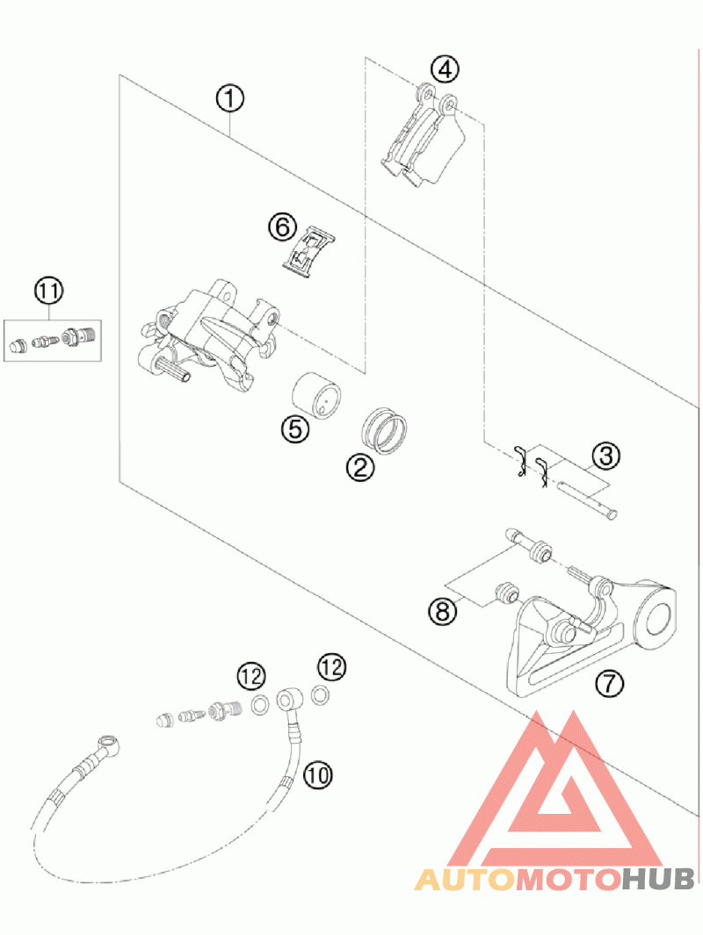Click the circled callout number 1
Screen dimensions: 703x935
pos(230,98)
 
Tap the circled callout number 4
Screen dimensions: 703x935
pos(445,68)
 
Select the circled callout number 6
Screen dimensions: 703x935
pos(282,227)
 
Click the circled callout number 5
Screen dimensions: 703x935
pos(294,428)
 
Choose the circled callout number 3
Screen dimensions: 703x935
pos(605,455)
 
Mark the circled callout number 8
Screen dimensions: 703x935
pos(444,609)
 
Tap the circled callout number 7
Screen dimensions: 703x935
pos(606,681)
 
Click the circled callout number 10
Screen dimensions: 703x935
pos(318,773)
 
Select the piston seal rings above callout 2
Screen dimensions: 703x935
pos(385,428)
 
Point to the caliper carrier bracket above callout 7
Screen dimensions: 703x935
pos(580,632)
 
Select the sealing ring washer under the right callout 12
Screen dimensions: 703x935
pos(323,696)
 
